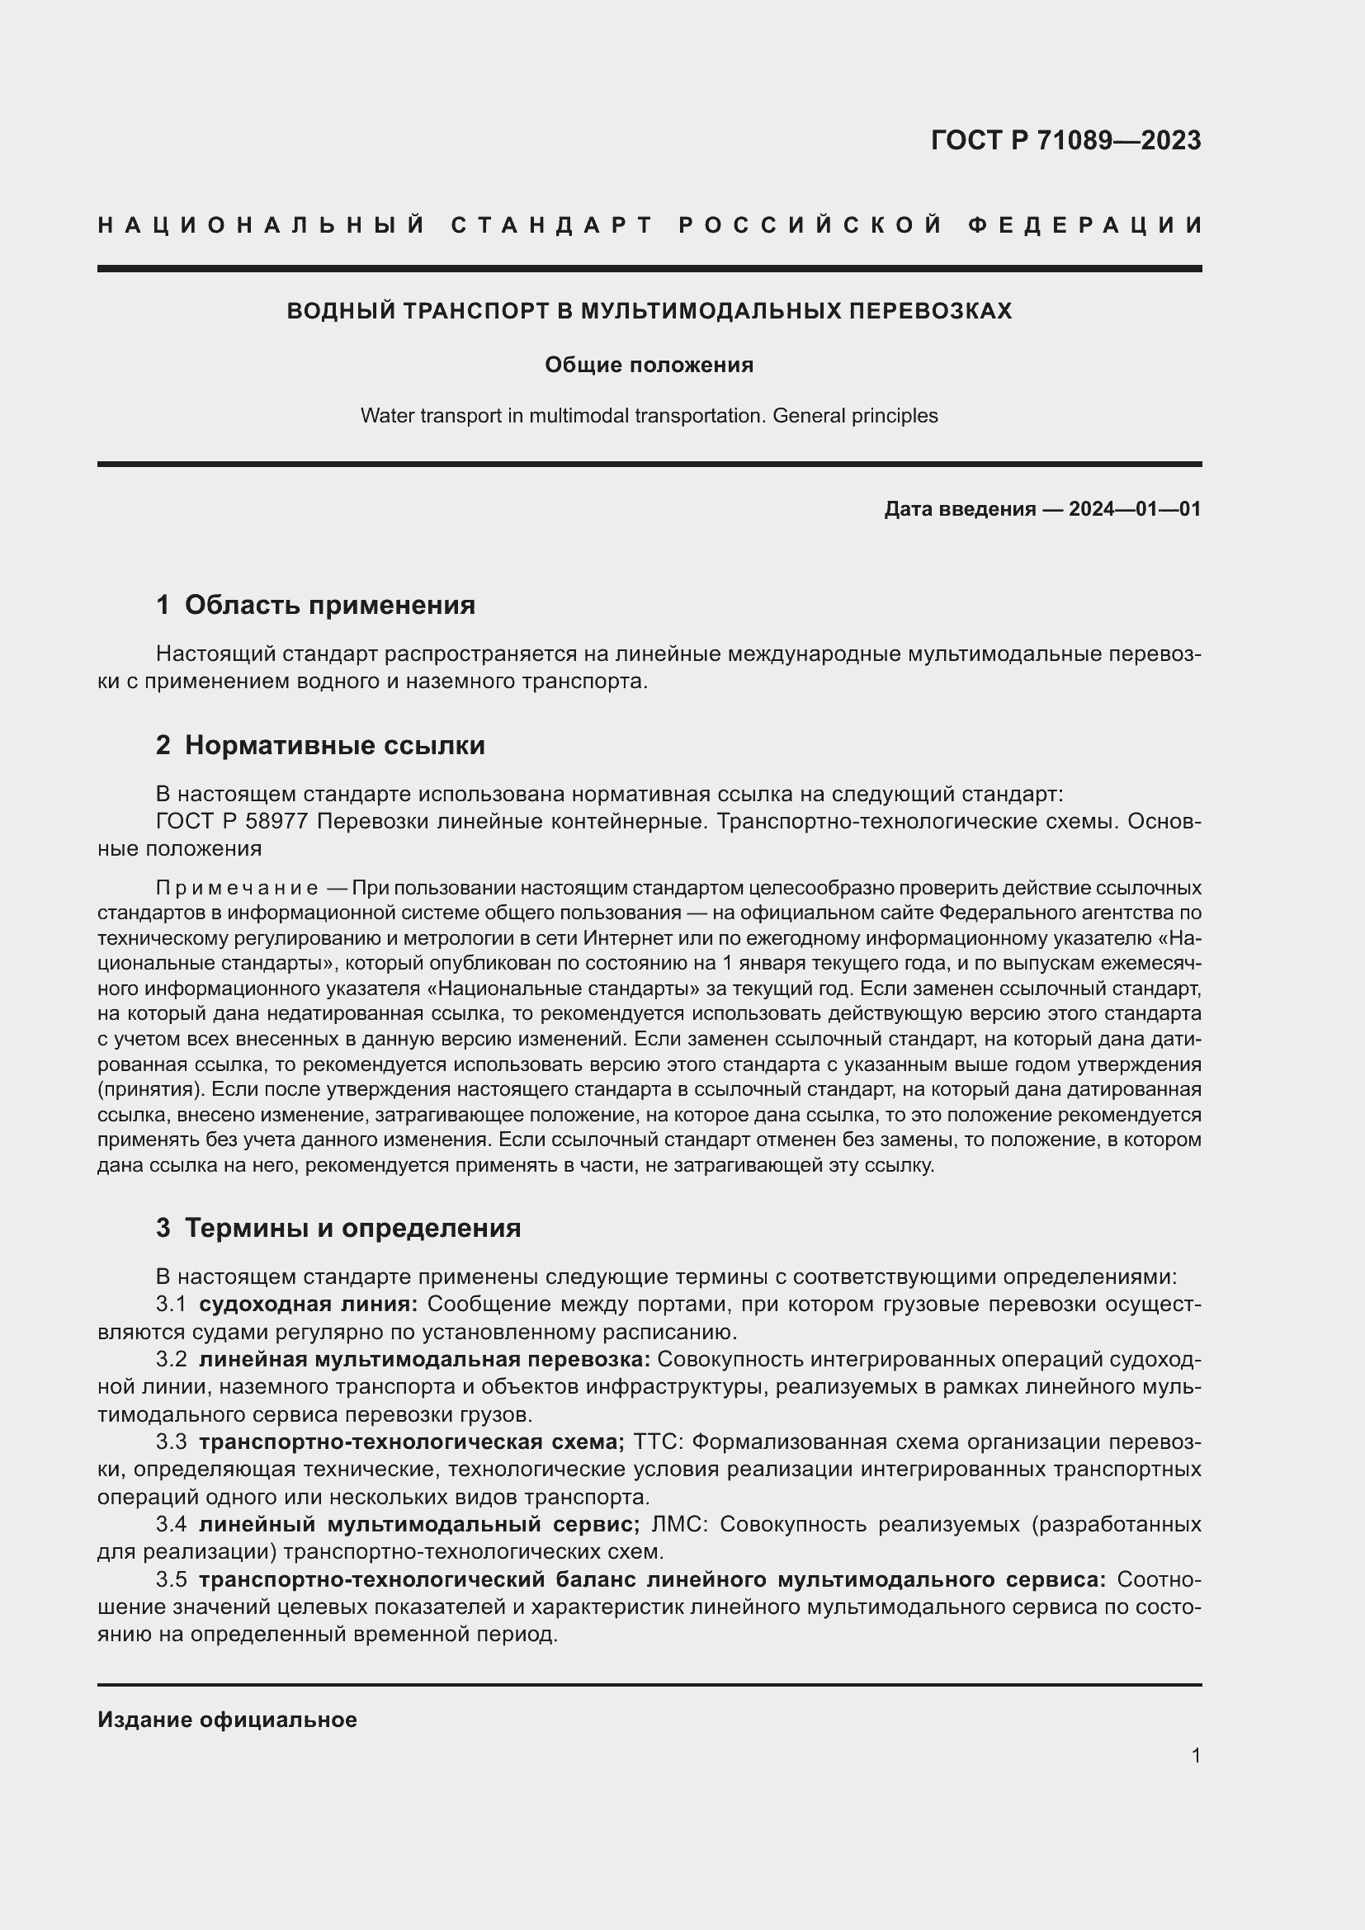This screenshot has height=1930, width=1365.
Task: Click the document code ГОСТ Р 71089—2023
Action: tap(1065, 140)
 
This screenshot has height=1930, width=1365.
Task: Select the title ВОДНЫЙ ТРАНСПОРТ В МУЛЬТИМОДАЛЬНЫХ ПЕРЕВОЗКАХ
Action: tap(649, 311)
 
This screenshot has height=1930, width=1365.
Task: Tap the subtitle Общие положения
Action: tap(649, 365)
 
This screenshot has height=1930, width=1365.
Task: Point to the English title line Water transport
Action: tap(649, 415)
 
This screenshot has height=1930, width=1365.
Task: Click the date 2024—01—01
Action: tap(1135, 508)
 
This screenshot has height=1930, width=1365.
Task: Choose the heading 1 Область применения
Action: tap(316, 604)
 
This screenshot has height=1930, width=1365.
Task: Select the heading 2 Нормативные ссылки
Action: tap(320, 745)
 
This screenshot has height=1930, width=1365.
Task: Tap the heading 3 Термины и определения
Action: tap(338, 1227)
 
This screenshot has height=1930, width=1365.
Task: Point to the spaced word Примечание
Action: tap(237, 889)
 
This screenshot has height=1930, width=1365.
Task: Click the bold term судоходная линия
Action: tap(308, 1304)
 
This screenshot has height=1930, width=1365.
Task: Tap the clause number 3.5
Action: tap(172, 1579)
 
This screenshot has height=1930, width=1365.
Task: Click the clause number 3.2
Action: tap(172, 1359)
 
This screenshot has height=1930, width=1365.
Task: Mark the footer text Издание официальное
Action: tap(227, 1720)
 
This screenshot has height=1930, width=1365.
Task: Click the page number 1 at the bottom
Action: tap(1196, 1755)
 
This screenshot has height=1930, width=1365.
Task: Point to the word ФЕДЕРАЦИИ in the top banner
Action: tap(1086, 225)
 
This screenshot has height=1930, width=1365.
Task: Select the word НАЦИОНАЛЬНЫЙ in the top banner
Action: tap(262, 225)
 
